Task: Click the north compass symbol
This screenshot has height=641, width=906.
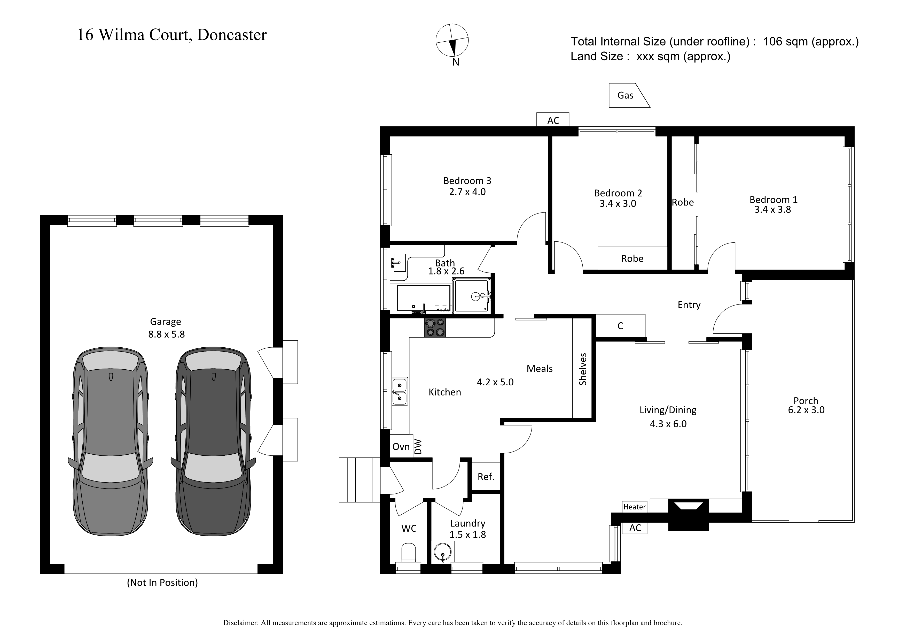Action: tap(452, 41)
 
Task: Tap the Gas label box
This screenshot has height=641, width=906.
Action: tap(627, 95)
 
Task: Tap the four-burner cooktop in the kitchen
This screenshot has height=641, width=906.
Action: tap(435, 328)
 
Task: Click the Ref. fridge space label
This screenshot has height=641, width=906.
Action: tap(486, 477)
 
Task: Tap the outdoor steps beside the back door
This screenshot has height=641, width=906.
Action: tap(360, 480)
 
